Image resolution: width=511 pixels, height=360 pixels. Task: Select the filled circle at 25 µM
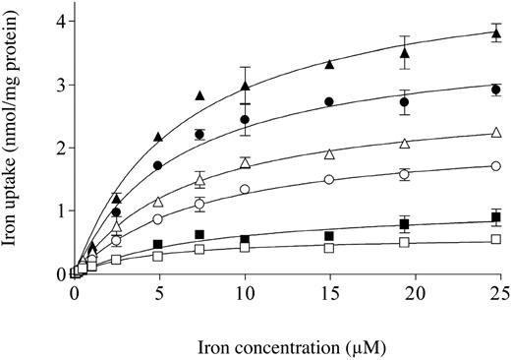pos(495,90)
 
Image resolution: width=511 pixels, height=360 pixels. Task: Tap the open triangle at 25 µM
pos(495,133)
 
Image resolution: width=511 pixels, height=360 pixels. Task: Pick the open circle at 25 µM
pos(495,166)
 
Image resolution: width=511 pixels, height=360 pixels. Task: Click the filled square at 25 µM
pos(495,216)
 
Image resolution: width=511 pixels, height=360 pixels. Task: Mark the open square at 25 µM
pos(495,239)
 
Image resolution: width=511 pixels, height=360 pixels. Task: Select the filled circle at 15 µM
pos(329,101)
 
